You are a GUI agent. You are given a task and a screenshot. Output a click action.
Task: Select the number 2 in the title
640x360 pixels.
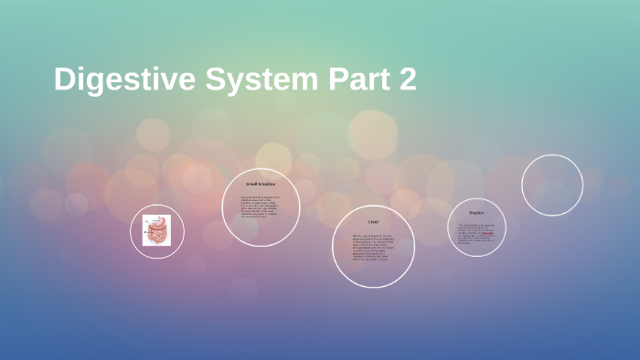pyautogui.click(x=407, y=79)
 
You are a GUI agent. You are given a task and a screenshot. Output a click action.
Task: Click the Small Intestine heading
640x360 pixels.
pyautogui.click(x=261, y=185)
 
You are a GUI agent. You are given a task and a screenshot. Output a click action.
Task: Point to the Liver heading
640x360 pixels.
pyautogui.click(x=373, y=222)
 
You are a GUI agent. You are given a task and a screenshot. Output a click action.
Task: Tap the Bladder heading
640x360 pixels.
pyautogui.click(x=476, y=213)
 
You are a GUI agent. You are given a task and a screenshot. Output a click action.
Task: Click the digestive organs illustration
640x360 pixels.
pyautogui.click(x=156, y=230)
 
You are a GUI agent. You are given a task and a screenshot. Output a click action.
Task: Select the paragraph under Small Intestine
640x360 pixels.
pyautogui.click(x=261, y=207)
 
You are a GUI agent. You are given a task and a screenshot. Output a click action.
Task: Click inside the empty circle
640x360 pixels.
pyautogui.click(x=552, y=185)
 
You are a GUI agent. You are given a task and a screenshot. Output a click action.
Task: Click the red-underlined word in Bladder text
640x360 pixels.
pyautogui.click(x=488, y=233)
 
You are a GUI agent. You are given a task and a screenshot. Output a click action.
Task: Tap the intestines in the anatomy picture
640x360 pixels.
pyautogui.click(x=156, y=236)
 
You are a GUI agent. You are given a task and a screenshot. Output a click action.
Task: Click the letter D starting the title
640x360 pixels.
pyautogui.click(x=63, y=79)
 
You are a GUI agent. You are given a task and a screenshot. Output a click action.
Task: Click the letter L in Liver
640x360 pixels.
pyautogui.click(x=368, y=222)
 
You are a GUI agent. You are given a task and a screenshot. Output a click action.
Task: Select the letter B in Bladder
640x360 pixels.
pyautogui.click(x=470, y=213)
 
